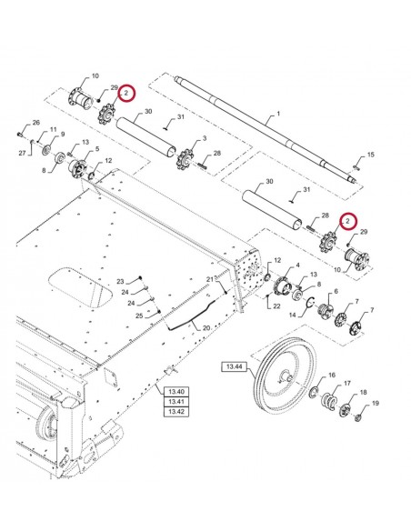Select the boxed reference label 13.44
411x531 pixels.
pyautogui.click(x=233, y=367)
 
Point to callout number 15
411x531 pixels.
pyautogui.click(x=370, y=155)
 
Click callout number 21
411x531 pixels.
pyautogui.click(x=209, y=278)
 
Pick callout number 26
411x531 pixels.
pyautogui.click(x=35, y=123)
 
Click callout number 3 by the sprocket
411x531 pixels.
pyautogui.click(x=203, y=138)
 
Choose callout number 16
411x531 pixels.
pyautogui.click(x=332, y=375)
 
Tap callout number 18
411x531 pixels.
pyautogui.click(x=364, y=392)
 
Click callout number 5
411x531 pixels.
pyautogui.click(x=98, y=148)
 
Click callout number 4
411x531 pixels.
pyautogui.click(x=296, y=265)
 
